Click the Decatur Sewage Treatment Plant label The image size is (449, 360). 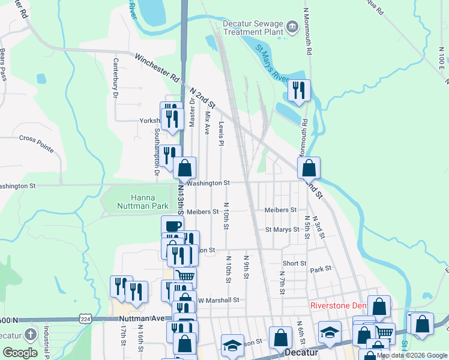253,27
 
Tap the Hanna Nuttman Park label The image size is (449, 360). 143,202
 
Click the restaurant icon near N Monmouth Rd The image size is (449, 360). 298,91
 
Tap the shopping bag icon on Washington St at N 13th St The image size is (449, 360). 185,168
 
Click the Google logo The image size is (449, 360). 20,353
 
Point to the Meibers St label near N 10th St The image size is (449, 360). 202,212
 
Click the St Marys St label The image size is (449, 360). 282,230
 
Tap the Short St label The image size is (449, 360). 294,263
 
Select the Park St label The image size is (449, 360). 321,270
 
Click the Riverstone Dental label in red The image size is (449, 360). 338,305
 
